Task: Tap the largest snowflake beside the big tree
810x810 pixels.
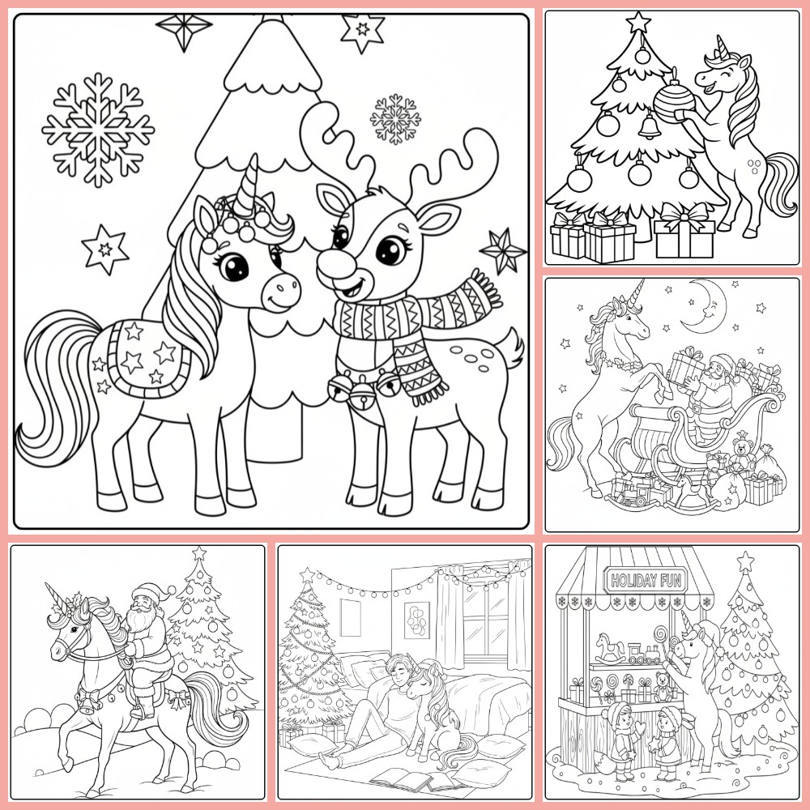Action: coord(98,129)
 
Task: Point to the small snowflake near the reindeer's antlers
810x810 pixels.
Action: coord(395,119)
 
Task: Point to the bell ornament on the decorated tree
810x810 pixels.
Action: coord(647,126)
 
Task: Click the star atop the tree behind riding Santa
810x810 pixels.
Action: coord(199,554)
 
